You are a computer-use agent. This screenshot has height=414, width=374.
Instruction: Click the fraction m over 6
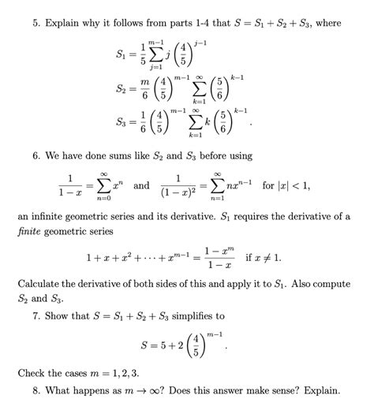(144, 89)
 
